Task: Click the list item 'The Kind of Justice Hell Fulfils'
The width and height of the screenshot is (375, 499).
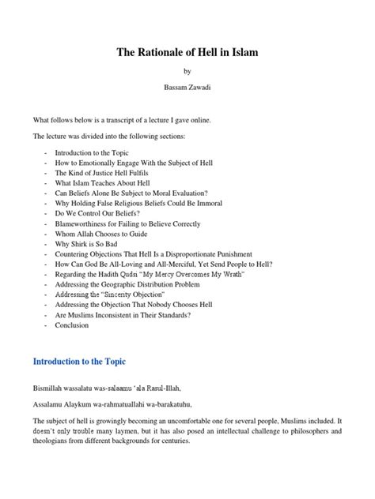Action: pos(103,171)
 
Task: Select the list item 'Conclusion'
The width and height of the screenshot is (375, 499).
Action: pos(73,324)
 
